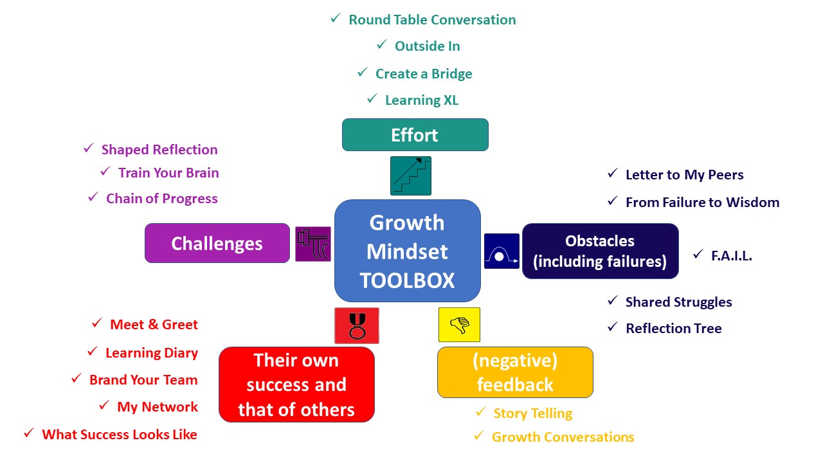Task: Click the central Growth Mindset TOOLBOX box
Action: (x=408, y=251)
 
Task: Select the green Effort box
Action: (x=415, y=135)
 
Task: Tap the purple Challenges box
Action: (x=217, y=243)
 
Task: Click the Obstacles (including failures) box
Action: (x=600, y=251)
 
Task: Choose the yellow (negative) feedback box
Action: (x=514, y=372)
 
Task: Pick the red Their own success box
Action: (x=296, y=385)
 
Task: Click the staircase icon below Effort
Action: (x=410, y=176)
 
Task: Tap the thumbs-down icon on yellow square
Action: (x=459, y=325)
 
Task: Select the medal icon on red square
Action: (x=356, y=325)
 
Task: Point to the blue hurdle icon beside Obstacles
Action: (x=502, y=251)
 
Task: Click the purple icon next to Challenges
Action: (x=312, y=244)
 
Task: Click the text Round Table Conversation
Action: (x=432, y=20)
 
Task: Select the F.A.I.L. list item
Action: (x=731, y=256)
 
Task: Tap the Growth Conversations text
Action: (x=563, y=437)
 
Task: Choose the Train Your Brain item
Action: (x=168, y=173)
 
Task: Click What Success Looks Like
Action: (x=120, y=435)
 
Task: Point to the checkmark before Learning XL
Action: (x=372, y=99)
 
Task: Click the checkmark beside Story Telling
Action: (x=480, y=412)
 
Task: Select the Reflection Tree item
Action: (x=673, y=329)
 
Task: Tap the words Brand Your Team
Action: (x=143, y=380)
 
